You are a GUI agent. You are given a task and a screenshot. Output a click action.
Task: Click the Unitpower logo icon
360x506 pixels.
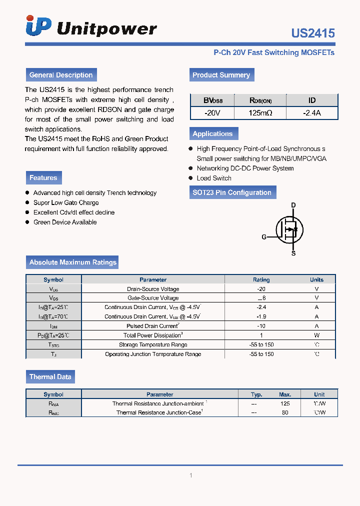coord(38,26)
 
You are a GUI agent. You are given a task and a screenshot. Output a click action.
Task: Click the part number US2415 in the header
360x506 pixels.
coord(313,33)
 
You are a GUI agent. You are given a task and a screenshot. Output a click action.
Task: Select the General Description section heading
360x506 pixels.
coord(61,75)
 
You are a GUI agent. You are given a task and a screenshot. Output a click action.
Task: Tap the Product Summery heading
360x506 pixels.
coord(221,75)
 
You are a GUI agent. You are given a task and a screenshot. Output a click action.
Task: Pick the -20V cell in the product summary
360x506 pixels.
coord(212,113)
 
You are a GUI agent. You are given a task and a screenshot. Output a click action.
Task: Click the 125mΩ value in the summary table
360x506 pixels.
coord(260,113)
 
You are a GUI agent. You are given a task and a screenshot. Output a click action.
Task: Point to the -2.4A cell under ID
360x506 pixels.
coord(311,113)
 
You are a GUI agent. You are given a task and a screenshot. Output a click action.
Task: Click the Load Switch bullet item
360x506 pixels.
coord(214,178)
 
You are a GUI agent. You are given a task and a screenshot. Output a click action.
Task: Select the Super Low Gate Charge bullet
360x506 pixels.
coord(66,202)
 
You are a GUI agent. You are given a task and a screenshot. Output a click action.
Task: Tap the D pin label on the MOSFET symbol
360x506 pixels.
coord(293,205)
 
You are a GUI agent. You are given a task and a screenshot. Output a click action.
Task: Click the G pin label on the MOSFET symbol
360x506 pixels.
coord(264,237)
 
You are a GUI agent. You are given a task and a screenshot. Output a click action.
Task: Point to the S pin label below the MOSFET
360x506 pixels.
coord(293,253)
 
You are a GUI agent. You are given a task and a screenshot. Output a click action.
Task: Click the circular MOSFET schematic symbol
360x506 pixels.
coord(289,230)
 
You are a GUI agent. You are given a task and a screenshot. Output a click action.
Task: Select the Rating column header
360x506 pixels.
coord(261,280)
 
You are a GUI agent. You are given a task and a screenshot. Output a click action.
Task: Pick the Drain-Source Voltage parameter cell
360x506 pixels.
coord(153,289)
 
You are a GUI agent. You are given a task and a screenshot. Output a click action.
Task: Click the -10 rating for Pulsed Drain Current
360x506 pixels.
coord(261,326)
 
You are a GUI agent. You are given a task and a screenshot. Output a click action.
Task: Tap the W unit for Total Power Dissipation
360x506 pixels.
coord(316,335)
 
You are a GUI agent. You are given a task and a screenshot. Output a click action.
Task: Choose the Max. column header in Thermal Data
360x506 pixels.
coord(285,394)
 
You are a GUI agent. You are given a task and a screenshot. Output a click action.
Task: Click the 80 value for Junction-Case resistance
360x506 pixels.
coord(285,413)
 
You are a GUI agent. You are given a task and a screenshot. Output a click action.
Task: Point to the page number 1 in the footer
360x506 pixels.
coord(190,475)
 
